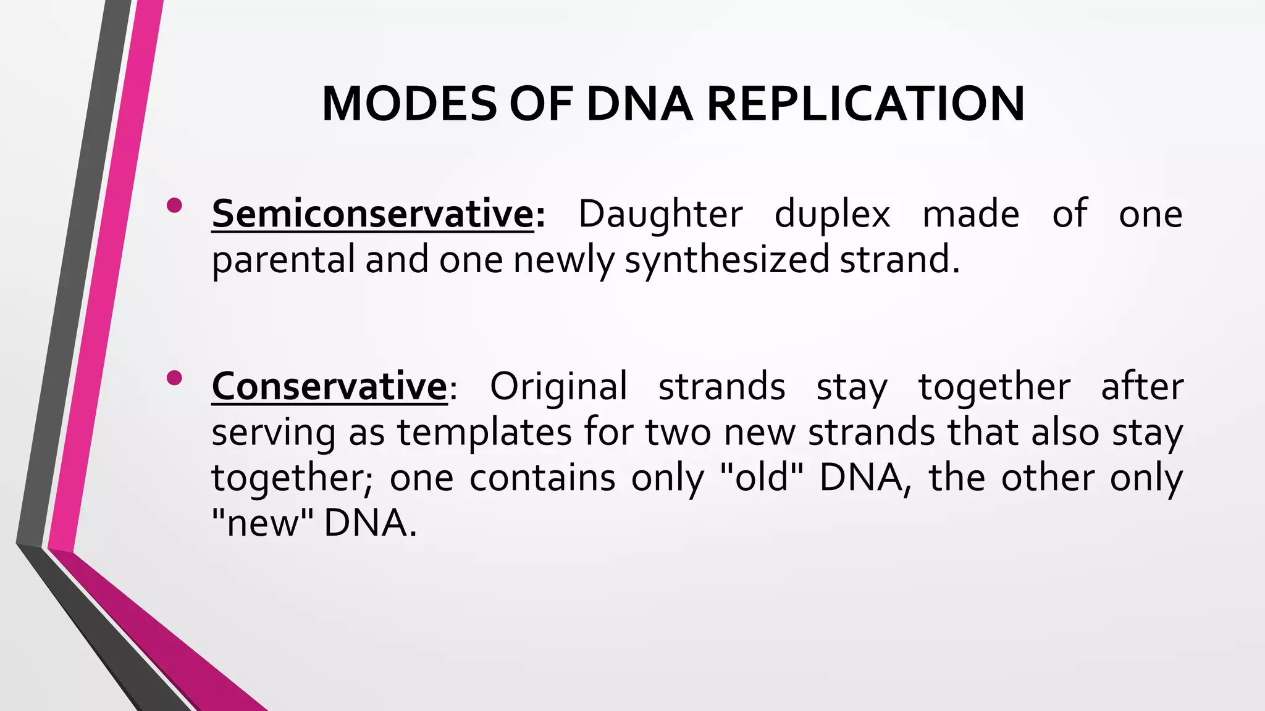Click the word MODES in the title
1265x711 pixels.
(408, 104)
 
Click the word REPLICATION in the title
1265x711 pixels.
(865, 104)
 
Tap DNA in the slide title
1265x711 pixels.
(639, 104)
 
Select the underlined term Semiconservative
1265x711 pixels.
(372, 214)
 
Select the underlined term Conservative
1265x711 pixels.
(329, 387)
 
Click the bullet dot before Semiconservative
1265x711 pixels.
(174, 206)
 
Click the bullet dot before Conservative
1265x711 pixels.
(174, 378)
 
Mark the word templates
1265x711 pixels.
(484, 433)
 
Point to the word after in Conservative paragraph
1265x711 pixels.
(1141, 387)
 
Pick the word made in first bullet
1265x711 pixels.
(970, 214)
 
